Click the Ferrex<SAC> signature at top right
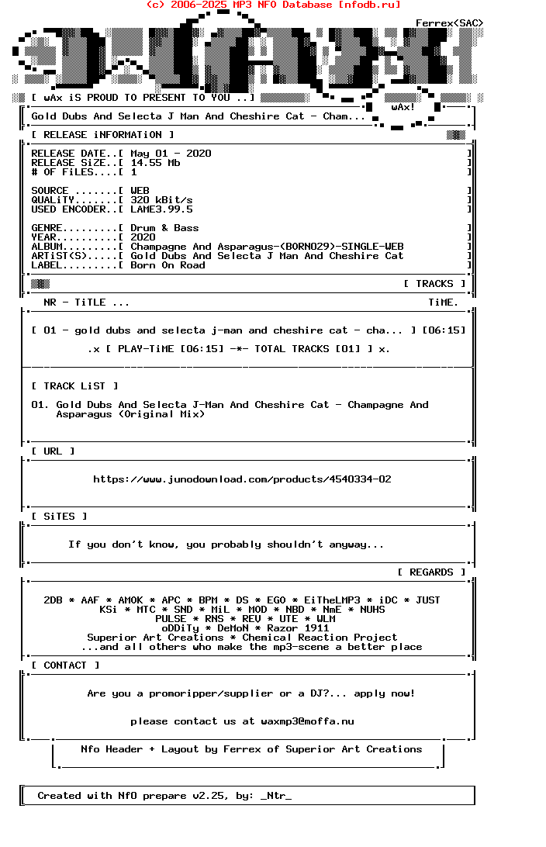[x=449, y=23]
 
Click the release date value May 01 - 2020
[x=171, y=154]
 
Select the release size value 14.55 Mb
[x=155, y=163]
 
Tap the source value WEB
[x=140, y=191]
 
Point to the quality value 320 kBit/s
[x=161, y=200]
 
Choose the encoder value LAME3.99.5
[x=161, y=209]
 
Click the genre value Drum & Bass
[x=164, y=228]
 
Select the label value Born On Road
[x=168, y=265]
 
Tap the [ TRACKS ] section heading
[x=434, y=284]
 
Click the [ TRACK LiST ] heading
[x=74, y=386]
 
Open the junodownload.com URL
[x=242, y=479]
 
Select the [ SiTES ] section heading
[x=59, y=517]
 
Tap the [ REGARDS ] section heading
[x=431, y=572]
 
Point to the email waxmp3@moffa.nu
[x=307, y=721]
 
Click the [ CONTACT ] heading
[x=65, y=665]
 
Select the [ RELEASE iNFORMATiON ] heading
[x=96, y=135]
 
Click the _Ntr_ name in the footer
[x=276, y=796]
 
